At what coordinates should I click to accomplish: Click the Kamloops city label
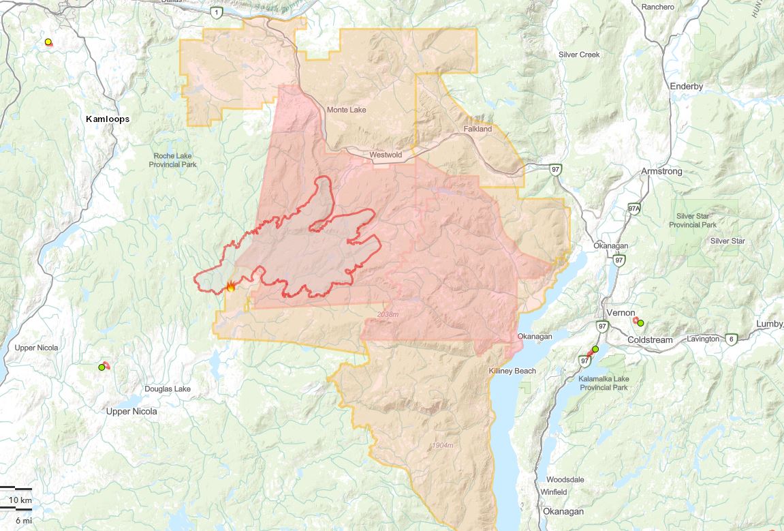(x=108, y=119)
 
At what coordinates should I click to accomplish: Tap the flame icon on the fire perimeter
(x=231, y=287)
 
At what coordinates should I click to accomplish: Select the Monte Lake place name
(x=346, y=110)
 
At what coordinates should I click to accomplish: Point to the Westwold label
(x=386, y=155)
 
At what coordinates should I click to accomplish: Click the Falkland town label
(x=477, y=129)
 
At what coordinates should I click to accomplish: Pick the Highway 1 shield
(x=217, y=12)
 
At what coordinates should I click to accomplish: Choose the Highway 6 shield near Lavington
(x=732, y=338)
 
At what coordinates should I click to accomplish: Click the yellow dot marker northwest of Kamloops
(x=48, y=42)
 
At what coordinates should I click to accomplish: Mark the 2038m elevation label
(x=386, y=314)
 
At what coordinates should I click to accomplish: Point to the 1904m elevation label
(x=442, y=446)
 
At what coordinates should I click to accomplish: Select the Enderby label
(x=686, y=87)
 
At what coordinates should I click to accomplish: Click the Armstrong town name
(x=661, y=171)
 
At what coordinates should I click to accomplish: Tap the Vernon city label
(x=620, y=313)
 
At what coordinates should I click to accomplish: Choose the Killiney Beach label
(x=512, y=371)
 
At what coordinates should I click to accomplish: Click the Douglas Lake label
(x=168, y=389)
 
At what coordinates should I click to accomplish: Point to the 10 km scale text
(x=20, y=500)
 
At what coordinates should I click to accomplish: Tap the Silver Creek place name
(x=579, y=55)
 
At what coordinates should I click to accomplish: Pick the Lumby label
(x=770, y=324)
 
